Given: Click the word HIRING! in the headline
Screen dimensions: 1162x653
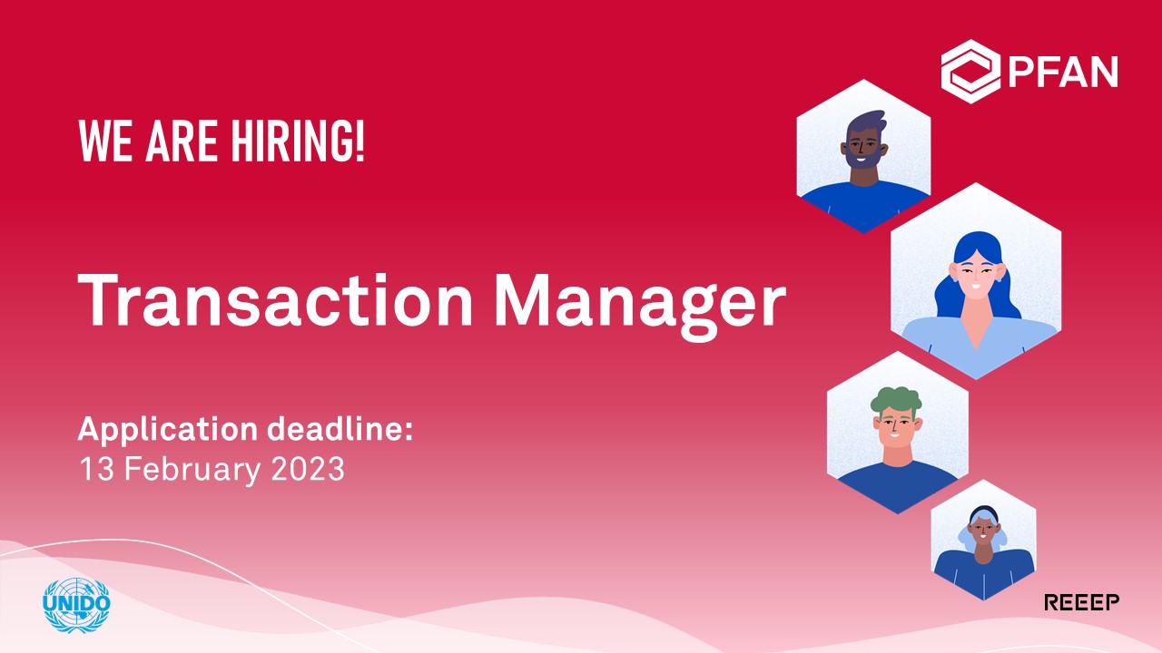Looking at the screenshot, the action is (x=298, y=141).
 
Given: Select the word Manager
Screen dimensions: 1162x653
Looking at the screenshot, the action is (x=640, y=307).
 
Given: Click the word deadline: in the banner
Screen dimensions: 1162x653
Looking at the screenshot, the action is (x=340, y=429).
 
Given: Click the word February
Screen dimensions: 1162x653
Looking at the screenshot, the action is (x=192, y=471).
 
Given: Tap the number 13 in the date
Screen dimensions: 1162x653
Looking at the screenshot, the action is (x=96, y=469).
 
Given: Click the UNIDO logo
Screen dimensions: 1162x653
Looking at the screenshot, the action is (x=76, y=605).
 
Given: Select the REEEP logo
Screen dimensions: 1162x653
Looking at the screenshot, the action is (x=1081, y=602).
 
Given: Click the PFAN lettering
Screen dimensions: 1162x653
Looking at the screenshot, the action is (x=1063, y=72).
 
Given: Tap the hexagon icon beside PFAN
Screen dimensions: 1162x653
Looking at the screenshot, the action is (x=970, y=72).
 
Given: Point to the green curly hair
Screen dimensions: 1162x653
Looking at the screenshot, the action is (x=896, y=401).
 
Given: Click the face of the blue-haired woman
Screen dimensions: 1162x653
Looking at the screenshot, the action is (x=976, y=274).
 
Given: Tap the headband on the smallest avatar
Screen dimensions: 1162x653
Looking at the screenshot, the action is (x=983, y=513).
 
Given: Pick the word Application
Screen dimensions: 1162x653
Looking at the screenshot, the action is (x=168, y=431).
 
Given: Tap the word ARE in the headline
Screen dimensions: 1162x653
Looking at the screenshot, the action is (x=182, y=141).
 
